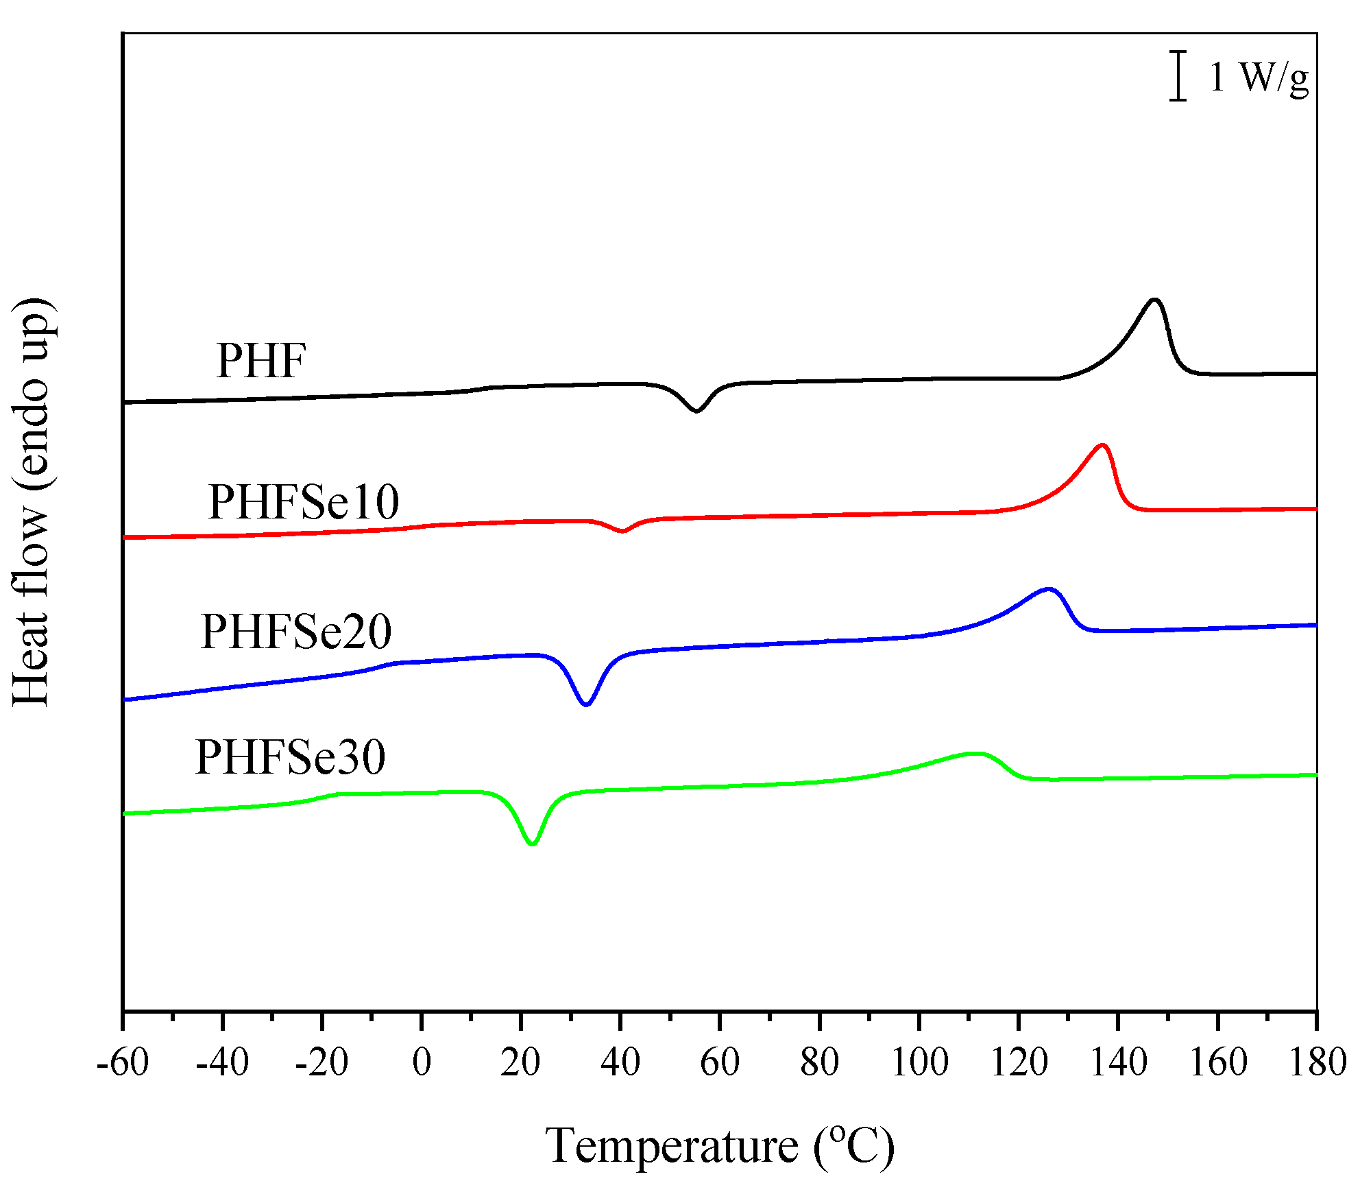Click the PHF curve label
click(260, 361)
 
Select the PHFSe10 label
click(303, 502)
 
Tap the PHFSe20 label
click(296, 632)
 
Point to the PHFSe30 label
click(290, 758)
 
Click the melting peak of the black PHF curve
click(1155, 300)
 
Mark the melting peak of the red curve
click(1102, 446)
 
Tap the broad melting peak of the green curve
click(973, 754)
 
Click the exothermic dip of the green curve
click(533, 843)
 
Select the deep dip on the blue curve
click(585, 704)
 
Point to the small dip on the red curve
click(622, 531)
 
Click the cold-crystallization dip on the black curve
click(696, 410)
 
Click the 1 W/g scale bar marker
click(1178, 75)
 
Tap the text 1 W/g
click(1259, 77)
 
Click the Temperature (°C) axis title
click(720, 1146)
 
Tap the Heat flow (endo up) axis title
click(32, 502)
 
